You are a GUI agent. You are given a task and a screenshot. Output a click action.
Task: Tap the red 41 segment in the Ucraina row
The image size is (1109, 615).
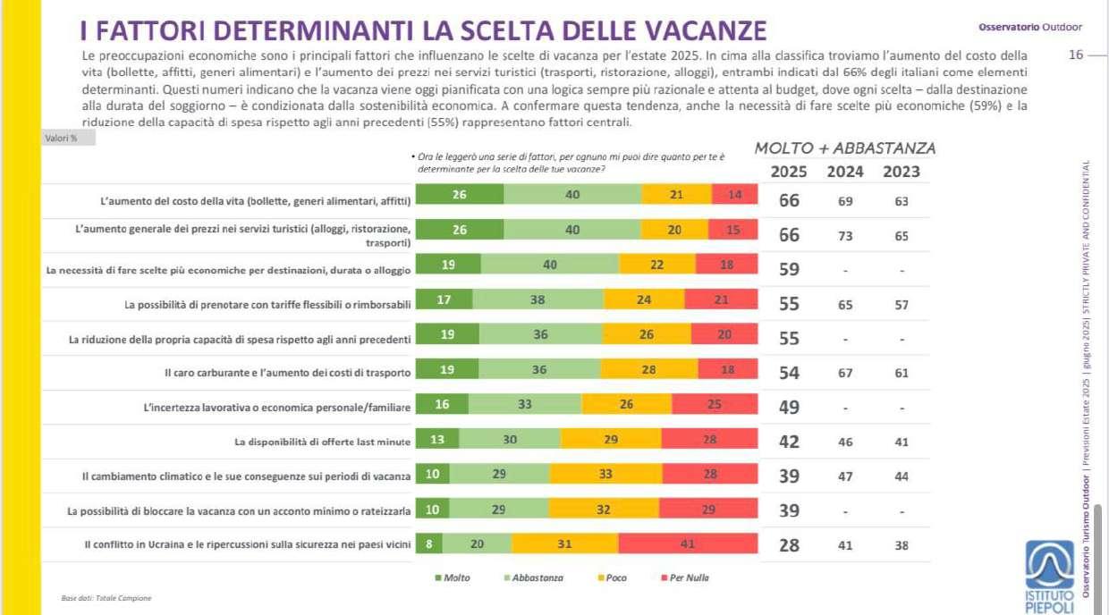coord(688,543)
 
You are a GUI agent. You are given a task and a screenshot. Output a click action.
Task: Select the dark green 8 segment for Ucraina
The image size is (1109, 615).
coord(429,543)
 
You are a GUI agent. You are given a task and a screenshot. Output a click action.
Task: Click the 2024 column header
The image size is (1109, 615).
coord(845,172)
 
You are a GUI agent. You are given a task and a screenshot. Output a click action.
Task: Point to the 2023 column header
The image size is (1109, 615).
coord(901,172)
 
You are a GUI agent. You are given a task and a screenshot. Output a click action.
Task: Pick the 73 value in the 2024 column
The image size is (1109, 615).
coord(845,236)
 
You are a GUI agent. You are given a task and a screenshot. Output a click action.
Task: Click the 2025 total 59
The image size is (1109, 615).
coord(789,269)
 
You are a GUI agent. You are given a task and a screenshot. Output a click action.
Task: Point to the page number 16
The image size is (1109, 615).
coord(1075,55)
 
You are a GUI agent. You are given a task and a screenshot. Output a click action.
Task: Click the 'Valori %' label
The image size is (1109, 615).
coord(61,138)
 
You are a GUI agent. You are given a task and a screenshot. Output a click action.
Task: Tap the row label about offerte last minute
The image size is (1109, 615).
coord(322,442)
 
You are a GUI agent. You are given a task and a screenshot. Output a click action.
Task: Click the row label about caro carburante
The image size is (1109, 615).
coord(287,373)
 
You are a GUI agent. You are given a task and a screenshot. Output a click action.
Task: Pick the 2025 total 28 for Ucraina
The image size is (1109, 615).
coord(789,544)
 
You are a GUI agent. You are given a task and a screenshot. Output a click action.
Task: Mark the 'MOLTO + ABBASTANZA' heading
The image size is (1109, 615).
coord(845,148)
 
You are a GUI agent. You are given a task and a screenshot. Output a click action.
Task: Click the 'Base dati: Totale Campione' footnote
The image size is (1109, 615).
coord(94,598)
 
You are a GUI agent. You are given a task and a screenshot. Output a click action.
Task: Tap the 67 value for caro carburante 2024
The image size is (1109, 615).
coord(845,373)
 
